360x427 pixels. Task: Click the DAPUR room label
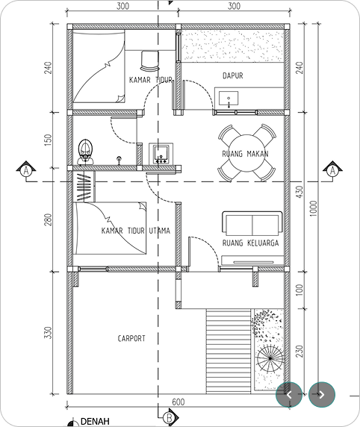point(233,75)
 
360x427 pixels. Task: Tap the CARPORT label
point(131,338)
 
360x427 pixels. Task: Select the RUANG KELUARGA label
point(250,243)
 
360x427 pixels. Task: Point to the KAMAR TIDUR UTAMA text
point(136,231)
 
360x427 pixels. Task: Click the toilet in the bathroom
point(86,152)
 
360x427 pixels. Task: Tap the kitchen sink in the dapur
point(229,99)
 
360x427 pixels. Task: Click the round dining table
point(246,153)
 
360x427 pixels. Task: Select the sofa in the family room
point(252,223)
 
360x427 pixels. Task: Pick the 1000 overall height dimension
point(314,208)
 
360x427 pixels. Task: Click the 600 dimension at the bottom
point(179,402)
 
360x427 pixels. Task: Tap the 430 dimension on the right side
point(300,192)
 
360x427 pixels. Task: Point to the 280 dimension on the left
point(49,219)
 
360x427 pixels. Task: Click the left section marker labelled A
point(26,170)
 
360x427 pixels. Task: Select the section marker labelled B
point(170,417)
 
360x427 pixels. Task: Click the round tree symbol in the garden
point(270,358)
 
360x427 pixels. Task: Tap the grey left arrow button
point(289,395)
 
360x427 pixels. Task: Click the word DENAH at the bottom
point(95,421)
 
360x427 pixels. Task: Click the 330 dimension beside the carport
point(48,332)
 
